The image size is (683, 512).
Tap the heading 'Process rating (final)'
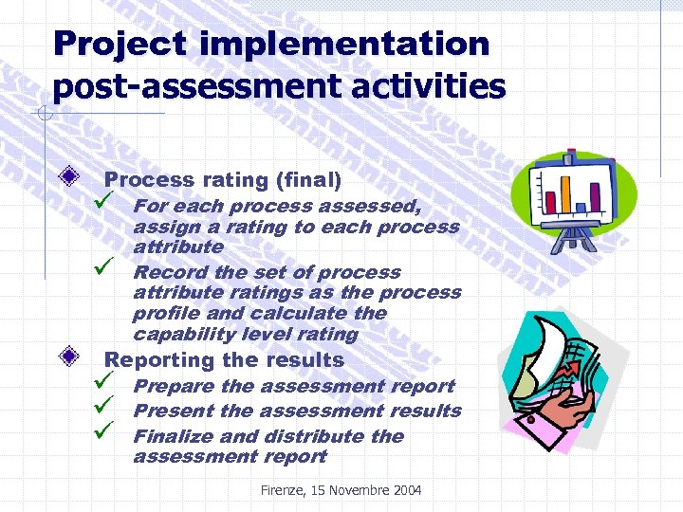coord(223,179)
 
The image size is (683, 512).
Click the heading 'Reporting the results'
coord(224,359)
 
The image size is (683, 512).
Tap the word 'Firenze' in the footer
coord(283,489)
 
